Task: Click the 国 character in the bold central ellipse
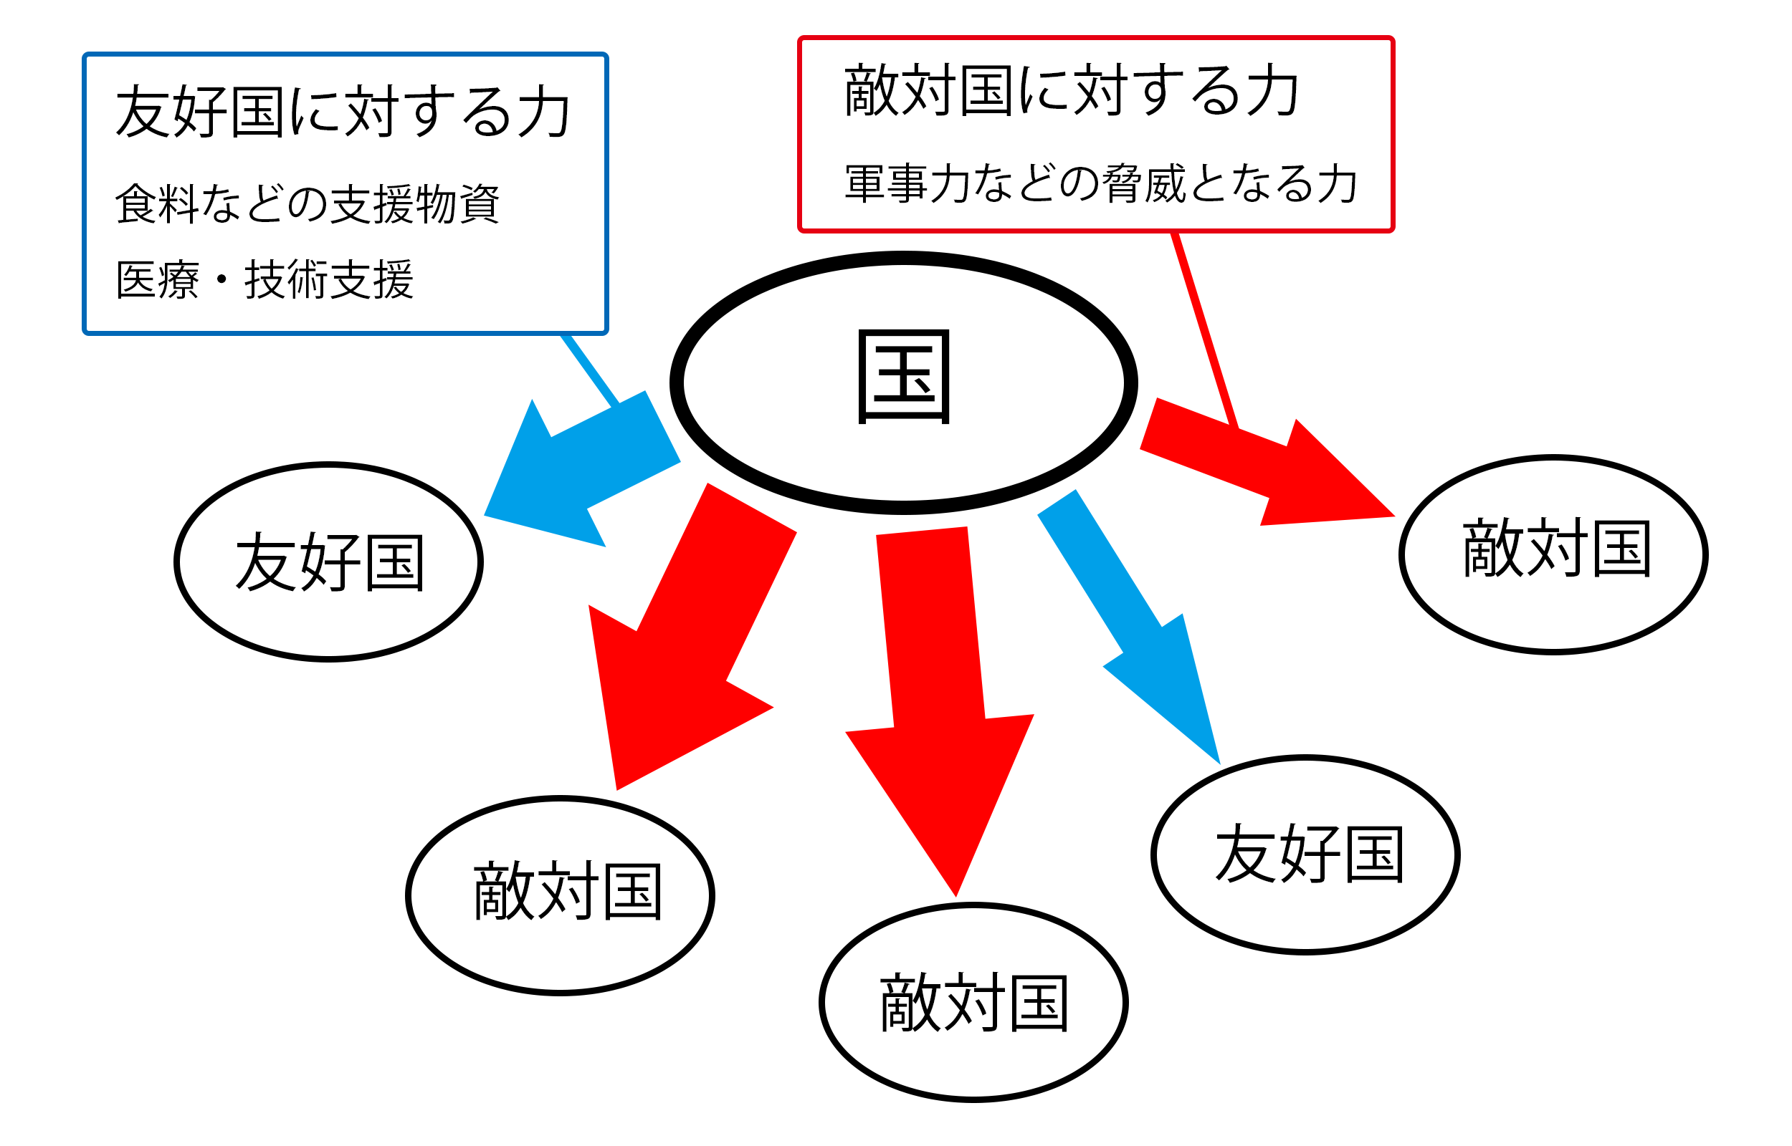[903, 377]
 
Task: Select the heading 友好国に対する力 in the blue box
[343, 112]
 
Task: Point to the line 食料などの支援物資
[307, 203]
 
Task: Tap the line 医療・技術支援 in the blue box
[264, 281]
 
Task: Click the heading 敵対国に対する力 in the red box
[1072, 91]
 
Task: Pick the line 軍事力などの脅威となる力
[1100, 183]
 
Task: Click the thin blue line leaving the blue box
[589, 369]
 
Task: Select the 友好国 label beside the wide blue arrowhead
[330, 562]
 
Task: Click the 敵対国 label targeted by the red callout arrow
[1557, 549]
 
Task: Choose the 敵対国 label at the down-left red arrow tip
[567, 891]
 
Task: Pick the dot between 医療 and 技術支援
[221, 280]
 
